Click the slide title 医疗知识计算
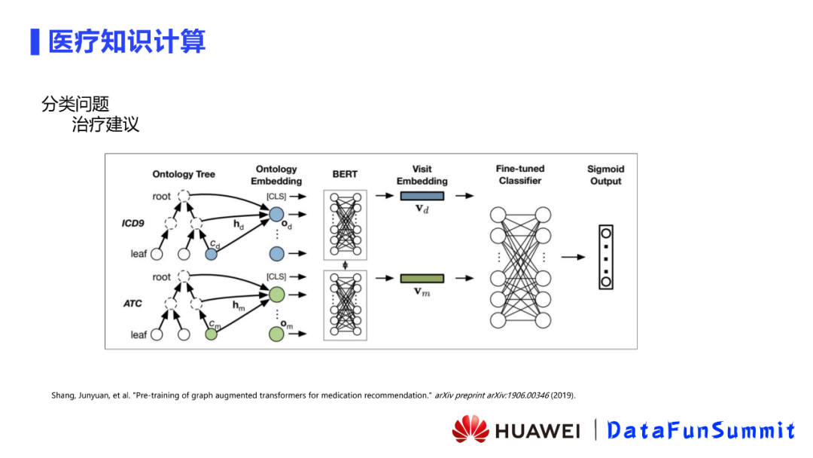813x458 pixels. point(126,41)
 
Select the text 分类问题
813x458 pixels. point(75,104)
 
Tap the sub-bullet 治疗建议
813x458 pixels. point(105,124)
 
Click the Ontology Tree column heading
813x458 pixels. point(184,174)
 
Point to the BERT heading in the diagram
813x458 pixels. point(345,174)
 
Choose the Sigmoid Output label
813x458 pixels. point(605,175)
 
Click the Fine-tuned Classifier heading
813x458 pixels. point(519,175)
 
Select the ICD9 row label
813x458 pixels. point(132,224)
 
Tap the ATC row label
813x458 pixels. point(132,304)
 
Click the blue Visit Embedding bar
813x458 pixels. point(422,196)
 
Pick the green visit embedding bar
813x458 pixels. point(422,278)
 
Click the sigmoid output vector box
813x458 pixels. point(605,257)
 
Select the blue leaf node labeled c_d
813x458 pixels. point(212,255)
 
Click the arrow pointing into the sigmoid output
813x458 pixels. point(573,257)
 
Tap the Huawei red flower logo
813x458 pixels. point(470,429)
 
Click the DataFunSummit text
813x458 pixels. point(701,430)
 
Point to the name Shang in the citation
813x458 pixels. point(63,395)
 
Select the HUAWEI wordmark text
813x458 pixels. point(537,431)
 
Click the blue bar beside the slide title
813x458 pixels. point(35,41)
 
